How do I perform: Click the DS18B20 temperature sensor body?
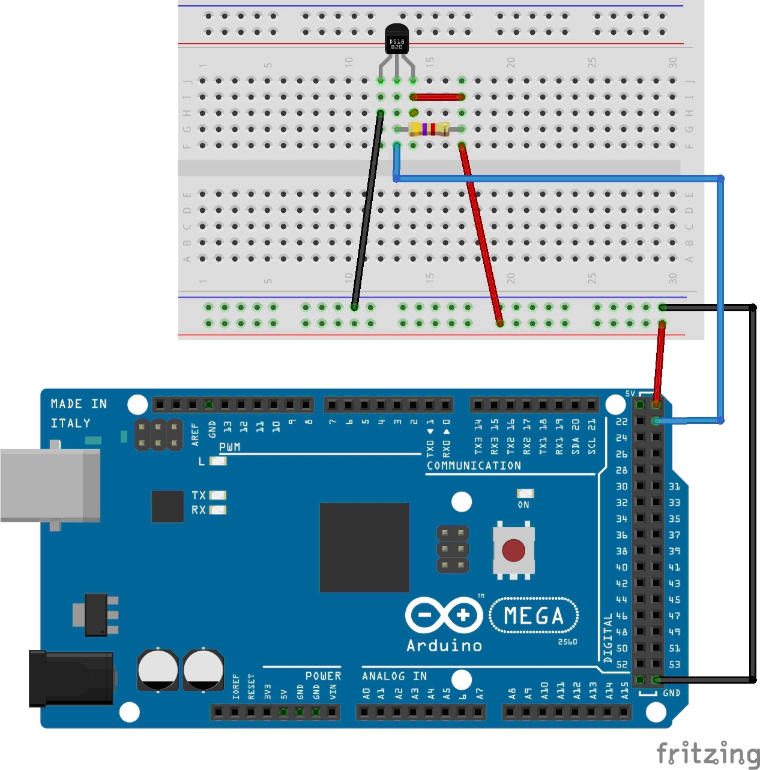pos(396,41)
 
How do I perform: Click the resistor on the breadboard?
pos(429,129)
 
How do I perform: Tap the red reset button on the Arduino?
pos(513,550)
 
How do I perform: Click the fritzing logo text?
pos(708,753)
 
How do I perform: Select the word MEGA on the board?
pos(534,616)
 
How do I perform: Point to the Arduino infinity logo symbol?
pos(444,615)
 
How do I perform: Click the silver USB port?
pos(49,485)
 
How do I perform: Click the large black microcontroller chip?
pos(364,548)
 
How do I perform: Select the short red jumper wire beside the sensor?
pos(437,97)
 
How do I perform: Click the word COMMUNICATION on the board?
pos(474,466)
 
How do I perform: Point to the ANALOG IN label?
pos(394,676)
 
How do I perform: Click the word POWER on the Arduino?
pos(323,676)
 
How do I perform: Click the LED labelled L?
pos(218,461)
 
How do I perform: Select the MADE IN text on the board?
pos(79,404)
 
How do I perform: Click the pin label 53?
pos(674,664)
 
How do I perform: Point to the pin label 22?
pos(621,422)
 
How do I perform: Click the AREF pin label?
pos(195,434)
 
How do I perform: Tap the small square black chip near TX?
pos(167,506)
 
